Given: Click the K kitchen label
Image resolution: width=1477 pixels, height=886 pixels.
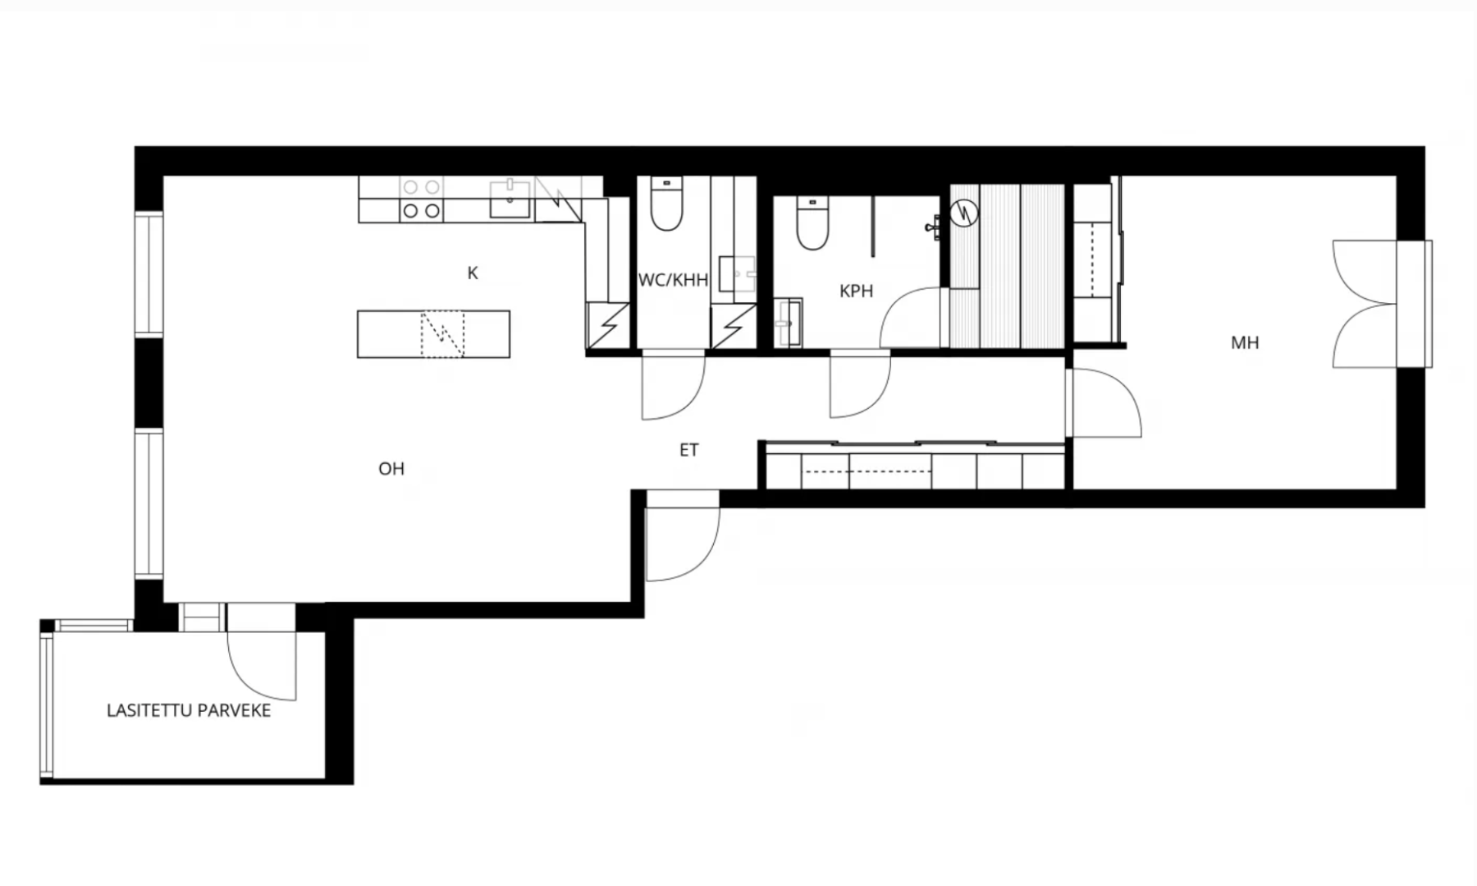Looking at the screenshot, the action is [473, 273].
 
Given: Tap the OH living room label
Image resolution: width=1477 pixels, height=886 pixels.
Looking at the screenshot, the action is [391, 469].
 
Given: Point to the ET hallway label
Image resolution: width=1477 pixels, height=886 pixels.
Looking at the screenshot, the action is [689, 450].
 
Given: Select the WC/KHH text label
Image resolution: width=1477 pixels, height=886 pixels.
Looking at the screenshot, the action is [673, 281].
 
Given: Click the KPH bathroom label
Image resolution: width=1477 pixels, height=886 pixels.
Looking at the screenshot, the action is [856, 291].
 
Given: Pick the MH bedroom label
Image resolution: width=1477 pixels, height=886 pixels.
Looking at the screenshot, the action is [1245, 343].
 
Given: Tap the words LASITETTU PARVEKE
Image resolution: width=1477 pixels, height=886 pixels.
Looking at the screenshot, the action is [189, 711].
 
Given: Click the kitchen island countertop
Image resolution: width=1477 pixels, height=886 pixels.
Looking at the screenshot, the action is [433, 334].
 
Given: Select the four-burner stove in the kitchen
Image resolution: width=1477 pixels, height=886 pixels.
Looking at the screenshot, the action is [422, 200].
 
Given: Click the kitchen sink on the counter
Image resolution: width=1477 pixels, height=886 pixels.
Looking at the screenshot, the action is [510, 200].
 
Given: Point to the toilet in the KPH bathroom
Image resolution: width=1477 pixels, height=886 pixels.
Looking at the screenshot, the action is [812, 224].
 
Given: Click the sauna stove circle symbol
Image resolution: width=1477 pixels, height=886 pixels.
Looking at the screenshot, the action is [964, 213].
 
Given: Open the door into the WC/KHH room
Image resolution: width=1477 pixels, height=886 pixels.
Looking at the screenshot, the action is [673, 384].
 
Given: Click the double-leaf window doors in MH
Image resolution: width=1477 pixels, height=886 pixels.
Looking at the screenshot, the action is [1365, 304].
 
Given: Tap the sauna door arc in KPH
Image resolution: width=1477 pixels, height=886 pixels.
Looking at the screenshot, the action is [910, 317].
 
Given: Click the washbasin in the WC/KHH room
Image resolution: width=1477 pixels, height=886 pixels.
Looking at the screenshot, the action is [737, 274].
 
